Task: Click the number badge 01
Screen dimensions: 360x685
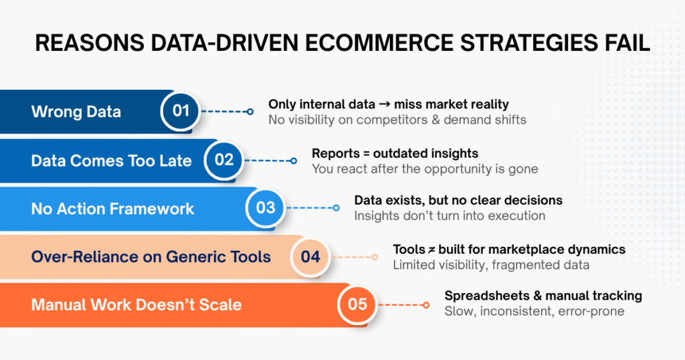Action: (181, 110)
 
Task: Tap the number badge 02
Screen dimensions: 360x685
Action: (223, 159)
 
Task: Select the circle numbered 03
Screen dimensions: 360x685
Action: (266, 207)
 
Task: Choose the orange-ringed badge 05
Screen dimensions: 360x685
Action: (357, 304)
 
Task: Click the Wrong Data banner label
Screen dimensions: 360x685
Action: (76, 111)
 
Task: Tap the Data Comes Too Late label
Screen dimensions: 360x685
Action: (111, 160)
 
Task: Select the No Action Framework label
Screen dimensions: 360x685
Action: (112, 208)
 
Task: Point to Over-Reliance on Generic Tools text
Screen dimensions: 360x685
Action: (151, 256)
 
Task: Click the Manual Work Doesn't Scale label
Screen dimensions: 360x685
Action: (136, 305)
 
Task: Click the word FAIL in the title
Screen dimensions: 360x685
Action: (623, 43)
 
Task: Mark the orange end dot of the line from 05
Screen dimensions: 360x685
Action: (426, 304)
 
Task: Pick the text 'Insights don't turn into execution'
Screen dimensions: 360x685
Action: (450, 215)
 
